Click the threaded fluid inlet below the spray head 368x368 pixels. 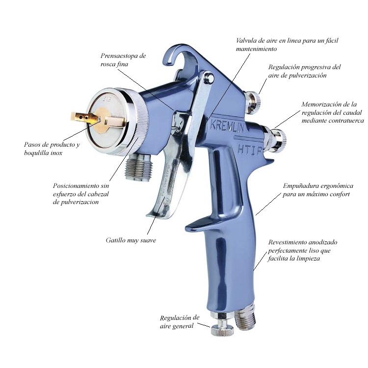pyautogui.click(x=139, y=167)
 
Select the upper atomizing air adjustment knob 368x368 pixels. pyautogui.click(x=253, y=102)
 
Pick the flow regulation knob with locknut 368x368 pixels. pyautogui.click(x=275, y=139)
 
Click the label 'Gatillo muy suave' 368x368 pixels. pyautogui.click(x=131, y=240)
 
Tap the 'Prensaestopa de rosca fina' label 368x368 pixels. pyautogui.click(x=123, y=60)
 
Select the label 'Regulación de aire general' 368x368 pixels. pyautogui.click(x=180, y=322)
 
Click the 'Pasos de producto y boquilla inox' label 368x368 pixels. pyautogui.click(x=52, y=149)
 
